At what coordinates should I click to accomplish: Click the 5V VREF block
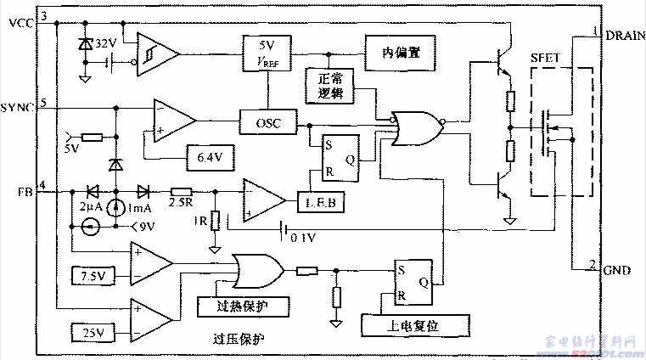click(x=267, y=53)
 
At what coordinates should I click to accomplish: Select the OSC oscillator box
click(x=267, y=125)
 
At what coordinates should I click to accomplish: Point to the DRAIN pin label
click(x=625, y=37)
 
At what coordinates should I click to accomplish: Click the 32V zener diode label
click(x=105, y=42)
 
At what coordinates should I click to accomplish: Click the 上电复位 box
click(x=403, y=326)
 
